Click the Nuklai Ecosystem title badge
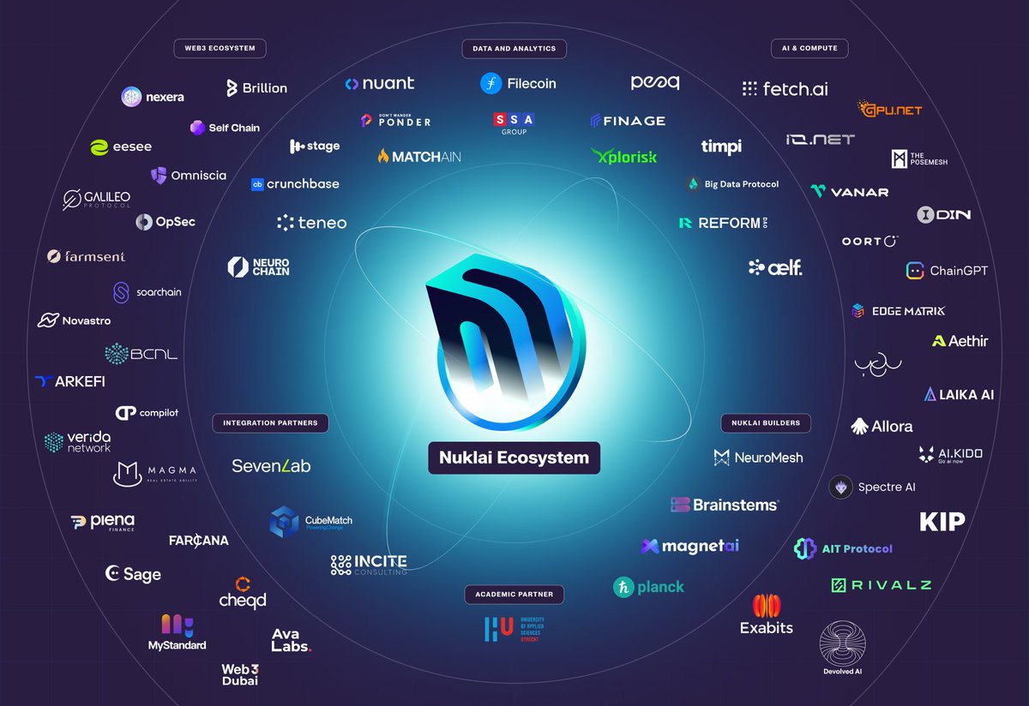514,458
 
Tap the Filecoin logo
518,83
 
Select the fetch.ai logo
785,88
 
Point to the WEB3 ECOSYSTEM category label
220,48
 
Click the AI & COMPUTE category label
809,48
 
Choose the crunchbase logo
295,183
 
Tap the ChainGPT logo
947,271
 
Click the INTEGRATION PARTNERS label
270,422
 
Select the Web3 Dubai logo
239,674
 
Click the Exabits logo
767,615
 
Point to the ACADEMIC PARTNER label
514,594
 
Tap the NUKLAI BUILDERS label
766,422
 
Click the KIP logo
942,521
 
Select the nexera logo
153,97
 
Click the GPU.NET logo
890,109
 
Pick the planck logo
648,587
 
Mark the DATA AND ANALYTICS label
514,48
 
